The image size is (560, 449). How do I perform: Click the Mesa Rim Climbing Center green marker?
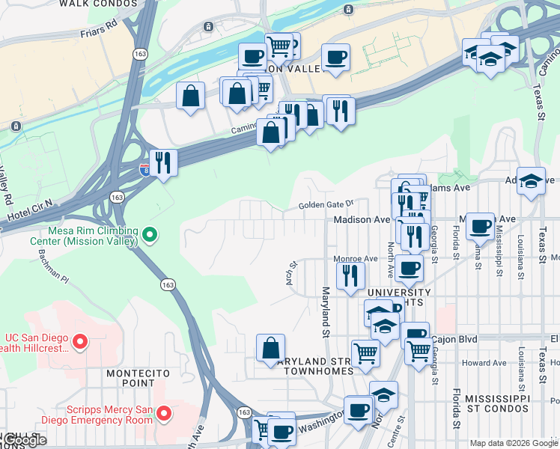pyautogui.click(x=150, y=236)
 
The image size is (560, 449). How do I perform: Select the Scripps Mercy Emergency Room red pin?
pyautogui.click(x=165, y=413)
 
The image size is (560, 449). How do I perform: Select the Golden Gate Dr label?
pyautogui.click(x=325, y=204)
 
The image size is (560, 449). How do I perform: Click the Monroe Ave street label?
pyautogui.click(x=355, y=259)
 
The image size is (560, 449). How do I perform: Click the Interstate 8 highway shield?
pyautogui.click(x=144, y=171)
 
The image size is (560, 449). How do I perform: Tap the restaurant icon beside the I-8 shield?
pyautogui.click(x=162, y=162)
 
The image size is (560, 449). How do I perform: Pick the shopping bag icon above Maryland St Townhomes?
pyautogui.click(x=270, y=347)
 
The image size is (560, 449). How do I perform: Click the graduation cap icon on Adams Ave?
pyautogui.click(x=531, y=181)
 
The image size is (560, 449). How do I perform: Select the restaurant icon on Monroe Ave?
pyautogui.click(x=350, y=275)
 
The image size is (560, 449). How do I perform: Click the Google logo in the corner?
pyautogui.click(x=24, y=441)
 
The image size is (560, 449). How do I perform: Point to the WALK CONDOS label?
pyautogui.click(x=98, y=4)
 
